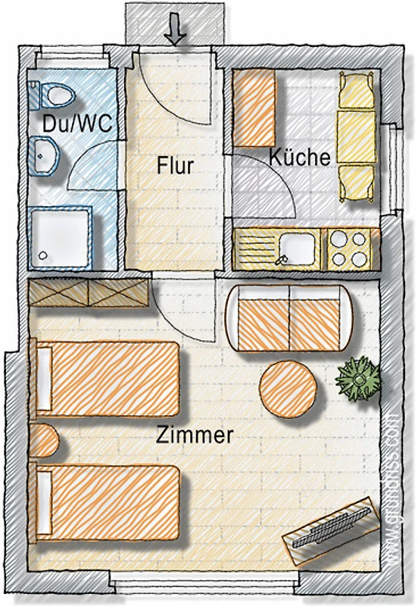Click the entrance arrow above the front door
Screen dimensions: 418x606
pos(176,30)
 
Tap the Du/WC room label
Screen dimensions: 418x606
pos(78,123)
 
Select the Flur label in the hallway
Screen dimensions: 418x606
pos(175,165)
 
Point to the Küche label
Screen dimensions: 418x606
pos(300,158)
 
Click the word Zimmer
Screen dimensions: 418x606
pos(195,435)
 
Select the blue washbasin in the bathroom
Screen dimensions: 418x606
pos(44,155)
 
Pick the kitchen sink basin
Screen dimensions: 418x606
pos(298,248)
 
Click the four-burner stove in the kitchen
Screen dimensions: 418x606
pos(349,249)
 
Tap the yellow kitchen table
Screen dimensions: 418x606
pos(357,136)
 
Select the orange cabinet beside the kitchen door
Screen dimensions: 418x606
pos(254,108)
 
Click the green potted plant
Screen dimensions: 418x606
pos(358,379)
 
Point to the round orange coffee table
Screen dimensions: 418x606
pos(289,389)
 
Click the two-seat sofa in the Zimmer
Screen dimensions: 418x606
pos(289,318)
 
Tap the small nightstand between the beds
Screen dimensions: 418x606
pos(43,441)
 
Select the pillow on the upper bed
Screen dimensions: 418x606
pos(45,379)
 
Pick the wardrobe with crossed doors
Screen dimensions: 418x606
pos(89,293)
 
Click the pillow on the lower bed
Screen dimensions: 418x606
pos(45,502)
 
